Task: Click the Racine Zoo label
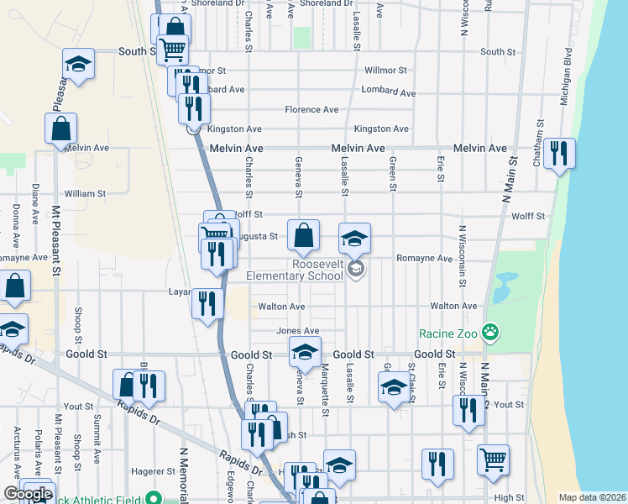[447, 333]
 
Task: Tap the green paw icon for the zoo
[491, 333]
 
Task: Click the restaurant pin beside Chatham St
[558, 154]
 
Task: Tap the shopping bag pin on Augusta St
[303, 235]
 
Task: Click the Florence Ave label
[311, 109]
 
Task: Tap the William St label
[85, 193]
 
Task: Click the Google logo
[28, 494]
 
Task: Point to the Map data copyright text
[592, 497]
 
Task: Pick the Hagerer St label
[152, 473]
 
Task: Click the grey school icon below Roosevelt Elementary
[355, 269]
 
